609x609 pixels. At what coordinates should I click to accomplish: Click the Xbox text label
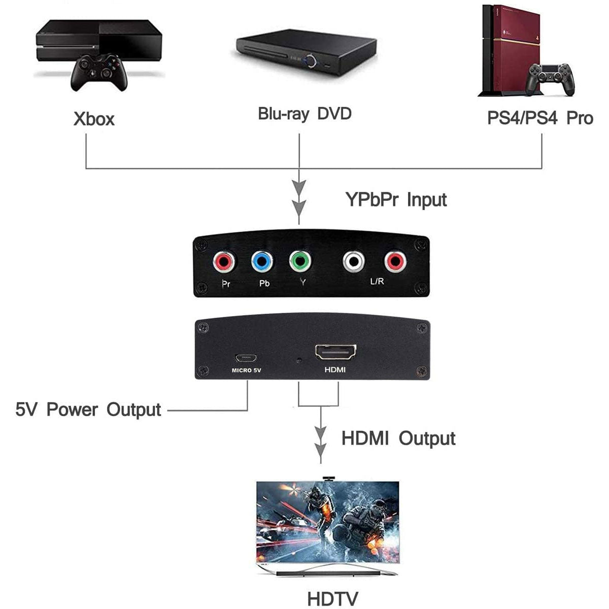click(94, 119)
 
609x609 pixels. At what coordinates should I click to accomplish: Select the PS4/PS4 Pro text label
click(540, 118)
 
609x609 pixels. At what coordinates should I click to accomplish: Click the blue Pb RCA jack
click(262, 262)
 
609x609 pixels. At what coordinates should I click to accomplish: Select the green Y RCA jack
click(300, 262)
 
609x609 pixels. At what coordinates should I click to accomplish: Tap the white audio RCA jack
click(354, 262)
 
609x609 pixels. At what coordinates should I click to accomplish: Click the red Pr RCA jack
click(224, 262)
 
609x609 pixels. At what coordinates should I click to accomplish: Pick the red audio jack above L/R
click(395, 262)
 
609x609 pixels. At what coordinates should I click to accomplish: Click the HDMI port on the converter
click(335, 351)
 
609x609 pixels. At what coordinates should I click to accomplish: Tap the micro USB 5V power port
click(246, 356)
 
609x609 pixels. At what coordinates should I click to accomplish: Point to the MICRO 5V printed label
click(246, 370)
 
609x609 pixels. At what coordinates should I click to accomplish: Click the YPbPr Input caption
click(396, 199)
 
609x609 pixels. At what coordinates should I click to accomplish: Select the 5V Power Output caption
click(88, 410)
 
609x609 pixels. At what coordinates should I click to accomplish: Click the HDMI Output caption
click(398, 438)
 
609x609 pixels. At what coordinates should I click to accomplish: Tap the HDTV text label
click(332, 598)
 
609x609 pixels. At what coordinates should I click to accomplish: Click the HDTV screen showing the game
click(328, 520)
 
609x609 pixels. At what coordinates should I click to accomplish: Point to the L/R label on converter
click(377, 281)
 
